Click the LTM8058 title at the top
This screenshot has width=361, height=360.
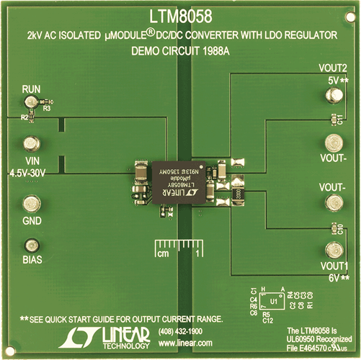(179, 14)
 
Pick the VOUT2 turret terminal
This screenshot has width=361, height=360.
(332, 100)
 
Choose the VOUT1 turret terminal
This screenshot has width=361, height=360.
(332, 251)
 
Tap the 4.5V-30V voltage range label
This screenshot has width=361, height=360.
(30, 174)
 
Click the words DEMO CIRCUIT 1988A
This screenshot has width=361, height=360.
(179, 52)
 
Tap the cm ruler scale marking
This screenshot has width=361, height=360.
(164, 255)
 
